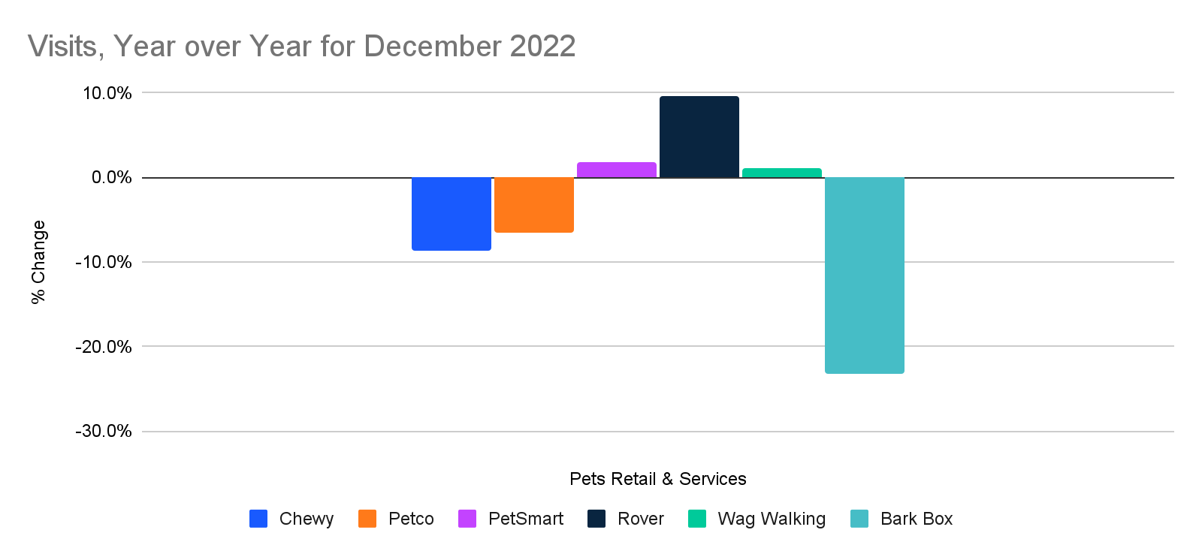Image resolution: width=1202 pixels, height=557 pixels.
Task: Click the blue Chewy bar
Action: pos(451,213)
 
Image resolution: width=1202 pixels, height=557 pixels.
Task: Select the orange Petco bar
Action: pos(533,204)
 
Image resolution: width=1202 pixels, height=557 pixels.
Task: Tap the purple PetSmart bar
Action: pos(616,170)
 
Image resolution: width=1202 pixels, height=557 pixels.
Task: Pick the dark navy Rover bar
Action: pos(699,137)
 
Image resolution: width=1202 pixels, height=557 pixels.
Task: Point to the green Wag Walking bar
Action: pos(781,173)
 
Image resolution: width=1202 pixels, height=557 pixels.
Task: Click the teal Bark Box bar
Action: pos(864,275)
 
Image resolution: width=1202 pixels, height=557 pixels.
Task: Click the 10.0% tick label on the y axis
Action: pos(107,93)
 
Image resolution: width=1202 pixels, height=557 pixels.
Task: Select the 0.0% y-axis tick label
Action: pos(111,178)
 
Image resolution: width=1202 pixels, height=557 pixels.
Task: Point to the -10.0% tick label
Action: pos(104,262)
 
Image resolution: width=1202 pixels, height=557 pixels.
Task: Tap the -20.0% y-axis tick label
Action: pos(104,347)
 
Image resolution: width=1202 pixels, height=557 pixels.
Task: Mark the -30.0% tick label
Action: pos(104,432)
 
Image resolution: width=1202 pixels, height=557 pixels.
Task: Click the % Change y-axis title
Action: pos(38,262)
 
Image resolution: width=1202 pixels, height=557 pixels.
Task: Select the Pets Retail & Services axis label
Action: pos(657,479)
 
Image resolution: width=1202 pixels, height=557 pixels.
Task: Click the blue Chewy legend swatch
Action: pos(258,519)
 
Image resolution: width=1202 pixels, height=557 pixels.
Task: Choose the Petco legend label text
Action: pos(411,519)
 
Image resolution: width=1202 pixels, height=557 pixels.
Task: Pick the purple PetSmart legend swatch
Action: pos(467,519)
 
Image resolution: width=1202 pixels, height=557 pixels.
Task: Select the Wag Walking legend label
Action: pos(772,519)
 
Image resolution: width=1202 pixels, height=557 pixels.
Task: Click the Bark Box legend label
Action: pos(916,519)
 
